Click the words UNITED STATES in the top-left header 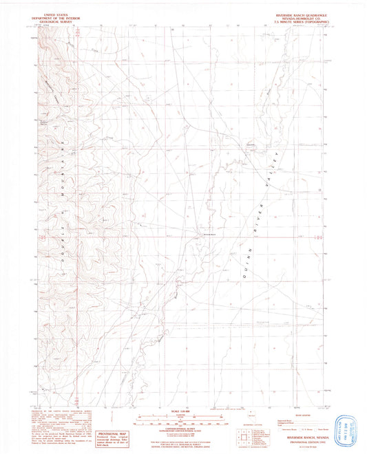(x=57, y=13)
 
